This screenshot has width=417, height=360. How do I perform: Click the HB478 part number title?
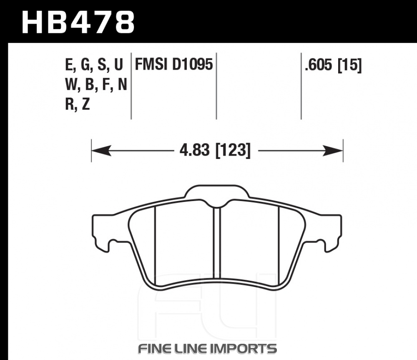tap(78, 22)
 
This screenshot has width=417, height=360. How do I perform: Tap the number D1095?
tap(193, 64)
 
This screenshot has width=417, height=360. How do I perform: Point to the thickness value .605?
tap(319, 65)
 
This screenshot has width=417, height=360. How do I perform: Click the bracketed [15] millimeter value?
tap(350, 65)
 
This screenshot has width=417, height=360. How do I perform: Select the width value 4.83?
tap(195, 150)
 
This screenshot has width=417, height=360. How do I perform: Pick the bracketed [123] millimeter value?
tap(233, 150)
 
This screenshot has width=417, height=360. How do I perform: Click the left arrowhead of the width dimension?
tap(101, 151)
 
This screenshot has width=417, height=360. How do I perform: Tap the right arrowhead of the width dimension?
tap(333, 151)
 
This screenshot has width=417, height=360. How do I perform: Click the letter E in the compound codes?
tap(69, 64)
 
